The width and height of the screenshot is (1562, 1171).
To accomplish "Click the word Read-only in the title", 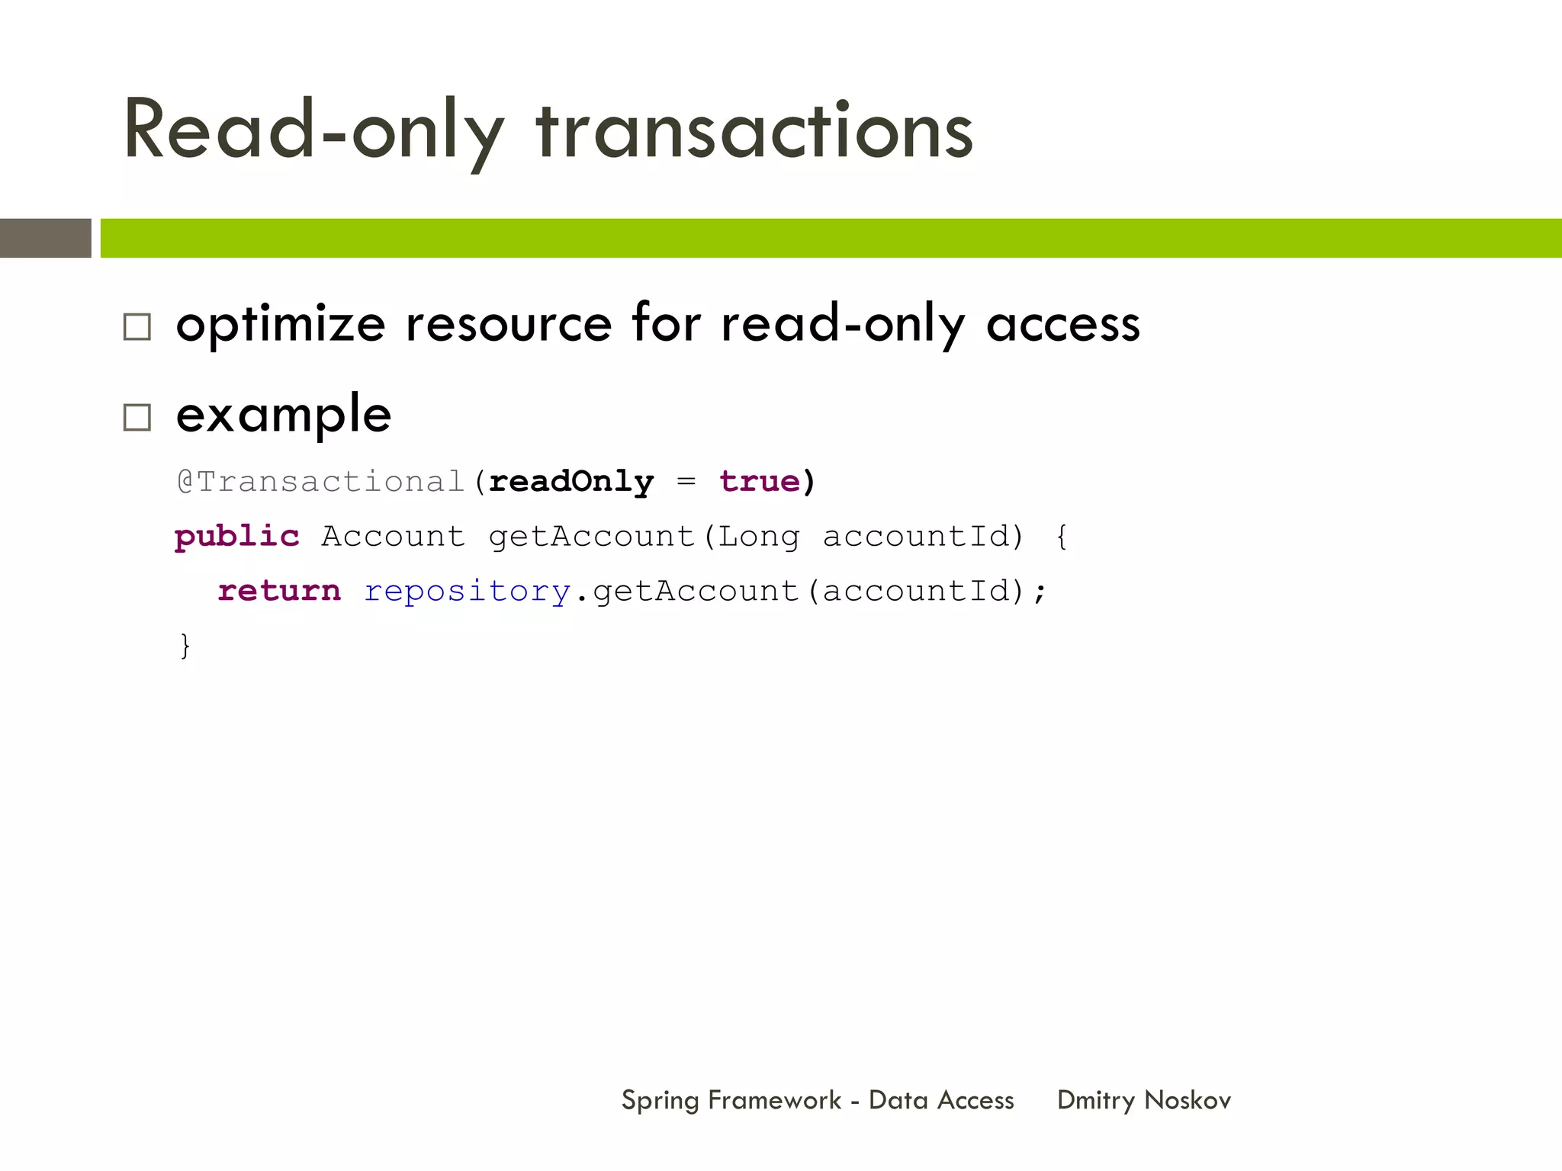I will point(313,131).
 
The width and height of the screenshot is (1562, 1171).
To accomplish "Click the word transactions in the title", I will point(754,131).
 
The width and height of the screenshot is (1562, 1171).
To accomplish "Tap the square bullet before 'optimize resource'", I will point(137,327).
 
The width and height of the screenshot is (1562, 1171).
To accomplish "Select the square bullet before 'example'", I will point(137,418).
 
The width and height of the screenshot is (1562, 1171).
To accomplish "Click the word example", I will point(284,415).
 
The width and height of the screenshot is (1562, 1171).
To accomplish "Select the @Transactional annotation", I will point(320,482).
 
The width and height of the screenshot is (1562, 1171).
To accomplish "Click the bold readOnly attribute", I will point(571,482).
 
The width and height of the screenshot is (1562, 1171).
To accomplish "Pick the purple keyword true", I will point(760,482).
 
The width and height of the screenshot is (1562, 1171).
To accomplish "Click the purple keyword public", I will point(236,537).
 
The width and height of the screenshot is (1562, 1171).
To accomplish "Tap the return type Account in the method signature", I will point(393,537).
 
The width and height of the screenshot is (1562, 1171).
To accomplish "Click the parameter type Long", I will point(759,537).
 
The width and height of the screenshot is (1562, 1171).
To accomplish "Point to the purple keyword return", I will point(279,591).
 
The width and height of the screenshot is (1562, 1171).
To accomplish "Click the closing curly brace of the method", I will point(185,646).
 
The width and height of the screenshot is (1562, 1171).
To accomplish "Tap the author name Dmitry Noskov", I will point(1144,1100).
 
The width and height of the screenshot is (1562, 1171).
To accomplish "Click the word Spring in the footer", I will point(660,1101).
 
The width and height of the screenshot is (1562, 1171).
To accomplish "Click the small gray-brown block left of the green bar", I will point(46,238).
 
